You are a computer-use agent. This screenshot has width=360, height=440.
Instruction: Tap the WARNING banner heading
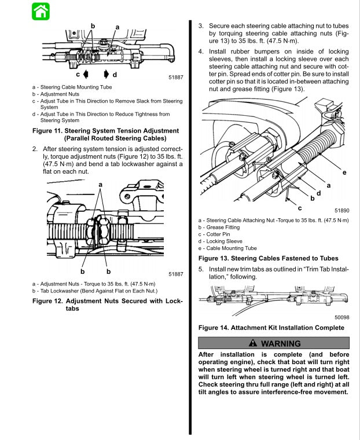pos(274,343)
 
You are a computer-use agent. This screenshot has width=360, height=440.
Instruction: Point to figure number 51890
pos(341,211)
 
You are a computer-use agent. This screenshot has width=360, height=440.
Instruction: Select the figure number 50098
pos(341,317)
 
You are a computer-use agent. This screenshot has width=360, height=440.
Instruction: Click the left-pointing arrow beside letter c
pos(85,75)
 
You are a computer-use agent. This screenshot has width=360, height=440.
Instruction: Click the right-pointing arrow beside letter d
pos(106,75)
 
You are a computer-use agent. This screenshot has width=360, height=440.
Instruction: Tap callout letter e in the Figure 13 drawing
pos(344,173)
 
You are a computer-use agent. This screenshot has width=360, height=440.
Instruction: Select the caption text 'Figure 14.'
pos(214,328)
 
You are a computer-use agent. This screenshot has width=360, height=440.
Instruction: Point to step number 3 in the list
pos(201,26)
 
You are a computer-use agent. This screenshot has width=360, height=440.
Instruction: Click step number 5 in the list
pos(201,269)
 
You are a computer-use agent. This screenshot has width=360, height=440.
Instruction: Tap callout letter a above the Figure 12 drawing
pos(101,184)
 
